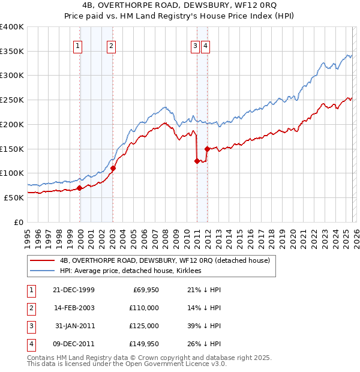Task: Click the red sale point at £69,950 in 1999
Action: pyautogui.click(x=79, y=188)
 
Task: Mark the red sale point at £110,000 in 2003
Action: pyautogui.click(x=113, y=169)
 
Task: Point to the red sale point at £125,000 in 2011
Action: pyautogui.click(x=197, y=161)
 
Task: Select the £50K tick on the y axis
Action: pyautogui.click(x=14, y=197)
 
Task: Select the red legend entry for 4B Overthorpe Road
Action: pyautogui.click(x=165, y=260)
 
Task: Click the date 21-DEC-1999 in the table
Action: pyautogui.click(x=74, y=290)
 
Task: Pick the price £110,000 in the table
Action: pyautogui.click(x=145, y=308)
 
